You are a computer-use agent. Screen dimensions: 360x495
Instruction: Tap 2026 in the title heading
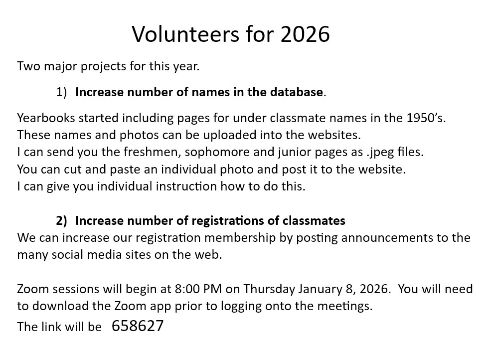(x=305, y=34)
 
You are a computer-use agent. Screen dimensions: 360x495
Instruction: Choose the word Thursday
(x=269, y=289)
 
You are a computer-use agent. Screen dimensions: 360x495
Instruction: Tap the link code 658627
(x=138, y=326)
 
